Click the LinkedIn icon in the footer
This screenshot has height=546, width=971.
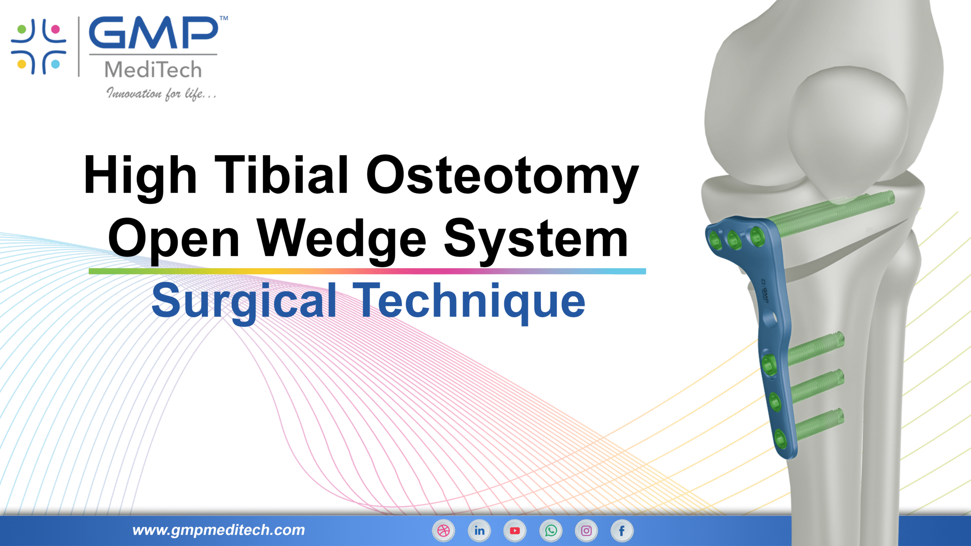click(x=479, y=530)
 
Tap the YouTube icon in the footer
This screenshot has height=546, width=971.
click(x=515, y=530)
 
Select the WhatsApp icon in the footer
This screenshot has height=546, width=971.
click(x=551, y=530)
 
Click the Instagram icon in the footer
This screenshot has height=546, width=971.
click(x=586, y=530)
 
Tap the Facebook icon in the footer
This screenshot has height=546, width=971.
click(x=622, y=531)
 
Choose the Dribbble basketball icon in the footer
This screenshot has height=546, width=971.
click(x=443, y=530)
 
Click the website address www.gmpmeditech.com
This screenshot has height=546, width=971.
click(x=219, y=530)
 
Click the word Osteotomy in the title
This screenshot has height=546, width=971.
click(x=502, y=176)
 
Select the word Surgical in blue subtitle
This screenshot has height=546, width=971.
click(x=244, y=301)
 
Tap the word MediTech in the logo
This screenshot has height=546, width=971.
click(x=153, y=70)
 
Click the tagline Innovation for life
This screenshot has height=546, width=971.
click(x=161, y=93)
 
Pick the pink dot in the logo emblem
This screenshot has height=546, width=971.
click(x=55, y=29)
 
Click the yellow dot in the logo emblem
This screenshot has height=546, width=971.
click(x=22, y=64)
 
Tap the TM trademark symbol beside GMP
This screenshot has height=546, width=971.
click(x=224, y=18)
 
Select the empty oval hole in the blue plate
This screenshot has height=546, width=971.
click(x=770, y=318)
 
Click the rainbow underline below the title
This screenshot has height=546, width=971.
click(x=367, y=271)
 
